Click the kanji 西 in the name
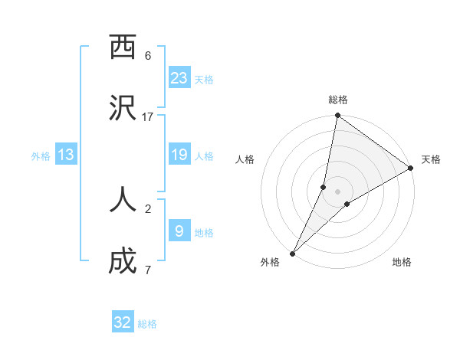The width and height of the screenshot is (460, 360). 123,47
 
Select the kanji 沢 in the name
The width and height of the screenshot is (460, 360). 123,109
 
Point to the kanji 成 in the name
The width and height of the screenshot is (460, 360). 123,261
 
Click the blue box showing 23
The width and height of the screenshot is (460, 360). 179,77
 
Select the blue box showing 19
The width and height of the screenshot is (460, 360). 179,155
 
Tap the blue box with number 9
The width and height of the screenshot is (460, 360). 179,231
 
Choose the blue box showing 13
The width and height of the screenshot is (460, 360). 66,155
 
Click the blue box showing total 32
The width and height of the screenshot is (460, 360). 123,322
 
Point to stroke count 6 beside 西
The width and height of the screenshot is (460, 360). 148,56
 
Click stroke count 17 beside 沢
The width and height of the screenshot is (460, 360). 148,116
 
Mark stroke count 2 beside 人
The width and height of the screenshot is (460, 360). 148,208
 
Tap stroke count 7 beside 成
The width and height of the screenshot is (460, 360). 148,270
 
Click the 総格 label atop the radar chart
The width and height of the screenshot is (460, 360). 338,100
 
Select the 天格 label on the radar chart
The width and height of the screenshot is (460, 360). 431,159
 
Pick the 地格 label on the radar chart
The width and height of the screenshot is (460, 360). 402,262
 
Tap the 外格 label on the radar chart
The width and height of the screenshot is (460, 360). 270,262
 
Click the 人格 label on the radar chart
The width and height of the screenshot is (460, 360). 245,159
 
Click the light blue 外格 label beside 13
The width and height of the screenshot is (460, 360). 41,156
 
